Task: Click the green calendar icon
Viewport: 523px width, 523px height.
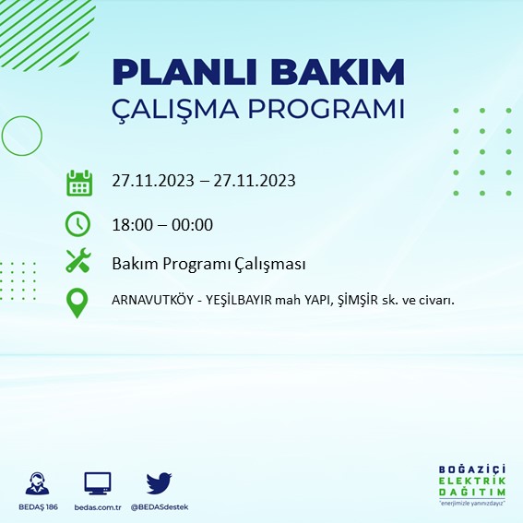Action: pos(79,182)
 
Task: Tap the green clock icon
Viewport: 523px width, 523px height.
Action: pos(78,224)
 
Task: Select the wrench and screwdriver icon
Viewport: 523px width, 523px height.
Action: pos(78,262)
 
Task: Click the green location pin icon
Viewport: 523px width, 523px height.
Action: pos(78,303)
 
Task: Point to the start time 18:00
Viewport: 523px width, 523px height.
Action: pos(130,224)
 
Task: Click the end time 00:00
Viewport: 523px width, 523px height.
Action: pos(194,224)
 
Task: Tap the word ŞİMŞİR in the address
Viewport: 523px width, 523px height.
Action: pos(353,301)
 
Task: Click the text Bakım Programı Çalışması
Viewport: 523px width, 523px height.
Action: pos(208,264)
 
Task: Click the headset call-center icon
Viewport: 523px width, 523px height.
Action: pos(38,483)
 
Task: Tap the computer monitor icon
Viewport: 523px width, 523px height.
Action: pos(97,482)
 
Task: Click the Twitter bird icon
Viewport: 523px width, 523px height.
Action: pos(160,482)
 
